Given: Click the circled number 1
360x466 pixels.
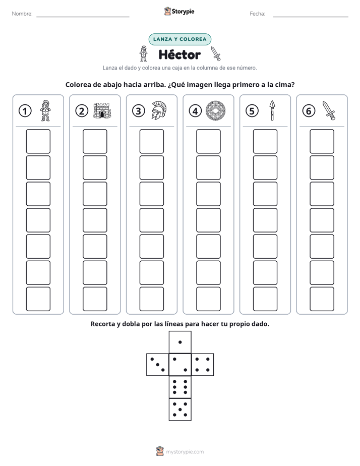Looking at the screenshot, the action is pos(25,111).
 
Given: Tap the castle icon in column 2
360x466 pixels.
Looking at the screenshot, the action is pos(102,110).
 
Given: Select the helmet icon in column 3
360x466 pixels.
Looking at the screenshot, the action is pos(159,110).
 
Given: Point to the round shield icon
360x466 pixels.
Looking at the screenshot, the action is pos(216,110).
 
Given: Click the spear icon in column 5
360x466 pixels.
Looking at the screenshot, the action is pos(272,110).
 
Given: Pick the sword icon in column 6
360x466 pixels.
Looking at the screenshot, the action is pos(329,110).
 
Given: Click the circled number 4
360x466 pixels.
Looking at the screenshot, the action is pos(195,111).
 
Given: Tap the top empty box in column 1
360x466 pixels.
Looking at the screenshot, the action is pos(38,141).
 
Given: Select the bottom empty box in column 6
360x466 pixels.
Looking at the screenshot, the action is pos(322,299).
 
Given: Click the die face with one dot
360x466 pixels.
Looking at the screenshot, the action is pos(180,342).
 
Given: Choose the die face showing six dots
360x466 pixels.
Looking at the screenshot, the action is pos(180,387).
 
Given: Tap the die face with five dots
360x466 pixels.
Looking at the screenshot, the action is pos(180,410).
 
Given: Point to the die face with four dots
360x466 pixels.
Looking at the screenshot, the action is pos(203,365).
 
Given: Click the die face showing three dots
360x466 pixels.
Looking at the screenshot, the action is pos(158,365).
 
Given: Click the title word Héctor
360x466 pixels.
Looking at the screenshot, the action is pos(179,54).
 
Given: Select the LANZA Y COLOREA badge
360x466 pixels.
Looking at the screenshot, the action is pos(179,39).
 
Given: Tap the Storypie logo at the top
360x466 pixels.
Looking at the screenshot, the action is pos(179,11).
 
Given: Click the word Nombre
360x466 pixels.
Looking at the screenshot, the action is pos(22,14).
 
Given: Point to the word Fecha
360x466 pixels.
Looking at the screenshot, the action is pos(257,14).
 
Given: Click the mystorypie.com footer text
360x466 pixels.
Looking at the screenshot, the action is pos(185,452).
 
